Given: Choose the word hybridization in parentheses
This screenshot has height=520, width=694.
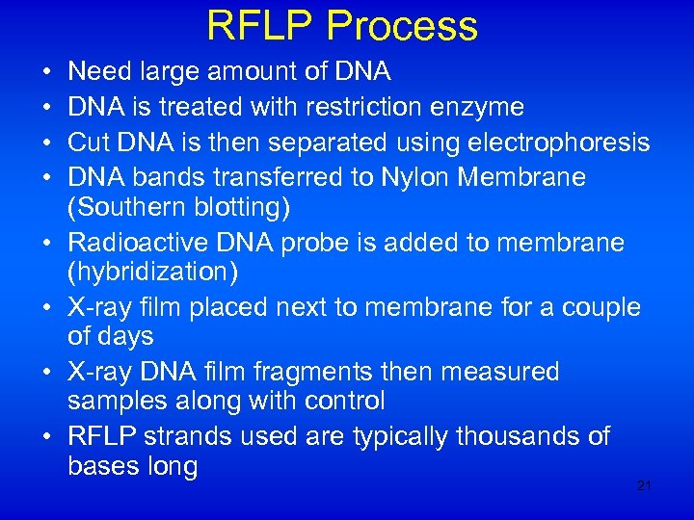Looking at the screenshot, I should click(x=152, y=273).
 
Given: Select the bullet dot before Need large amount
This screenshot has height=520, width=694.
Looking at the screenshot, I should click(x=47, y=71).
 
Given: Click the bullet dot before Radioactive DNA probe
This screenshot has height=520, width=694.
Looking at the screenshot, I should click(x=47, y=244).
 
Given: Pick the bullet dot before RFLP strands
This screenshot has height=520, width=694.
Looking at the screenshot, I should click(x=47, y=437).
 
